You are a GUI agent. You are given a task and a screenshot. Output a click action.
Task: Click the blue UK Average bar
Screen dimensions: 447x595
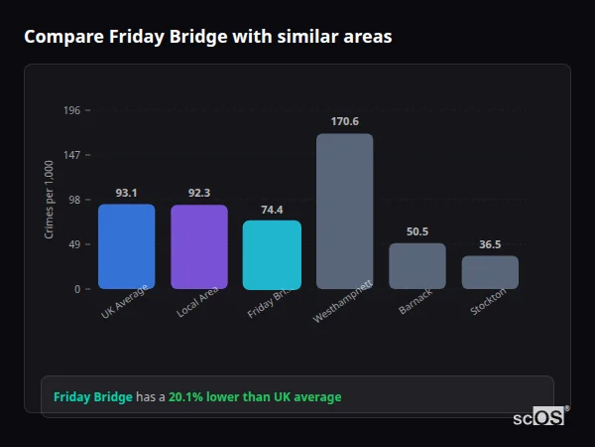(126, 246)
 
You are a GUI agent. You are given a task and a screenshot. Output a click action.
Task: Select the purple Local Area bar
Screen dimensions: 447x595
(199, 246)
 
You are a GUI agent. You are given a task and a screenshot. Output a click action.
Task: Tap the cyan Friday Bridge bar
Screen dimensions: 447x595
(272, 254)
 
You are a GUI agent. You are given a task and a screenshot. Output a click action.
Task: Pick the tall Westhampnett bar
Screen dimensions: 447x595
(344, 211)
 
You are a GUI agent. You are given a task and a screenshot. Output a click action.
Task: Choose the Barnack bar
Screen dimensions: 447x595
(416, 265)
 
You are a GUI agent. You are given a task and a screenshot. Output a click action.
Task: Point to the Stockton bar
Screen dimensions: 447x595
(490, 271)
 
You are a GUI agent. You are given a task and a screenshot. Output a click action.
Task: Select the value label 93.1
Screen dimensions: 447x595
(126, 193)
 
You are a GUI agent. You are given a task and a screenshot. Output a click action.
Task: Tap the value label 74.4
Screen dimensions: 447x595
(272, 210)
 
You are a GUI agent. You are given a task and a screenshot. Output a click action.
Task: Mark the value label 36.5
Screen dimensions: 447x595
(490, 244)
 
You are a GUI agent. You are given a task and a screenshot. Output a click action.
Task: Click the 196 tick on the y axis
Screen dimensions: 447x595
(71, 110)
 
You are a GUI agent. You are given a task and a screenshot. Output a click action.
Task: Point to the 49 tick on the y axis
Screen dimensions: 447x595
(74, 244)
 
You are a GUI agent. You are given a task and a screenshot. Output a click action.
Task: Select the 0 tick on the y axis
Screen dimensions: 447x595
(77, 289)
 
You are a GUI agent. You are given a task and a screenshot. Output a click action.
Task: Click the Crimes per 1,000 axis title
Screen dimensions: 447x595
(50, 200)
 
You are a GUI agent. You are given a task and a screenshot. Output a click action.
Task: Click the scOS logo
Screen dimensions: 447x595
(538, 417)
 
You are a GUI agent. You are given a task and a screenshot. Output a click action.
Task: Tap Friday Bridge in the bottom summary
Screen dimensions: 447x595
(92, 397)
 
